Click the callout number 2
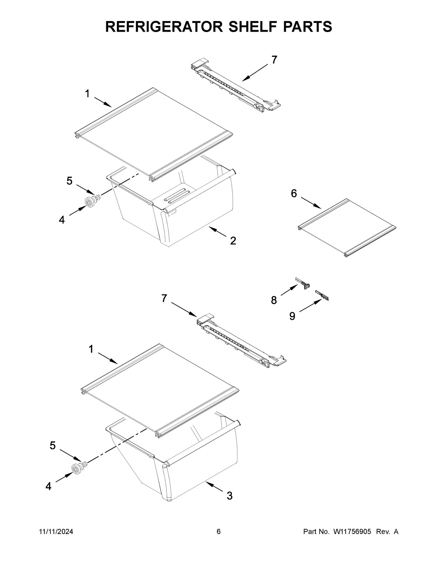233,240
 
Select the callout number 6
294,194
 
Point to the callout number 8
274,300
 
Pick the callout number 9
292,316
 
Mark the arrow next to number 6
311,203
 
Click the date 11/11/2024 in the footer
56,532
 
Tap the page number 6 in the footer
219,532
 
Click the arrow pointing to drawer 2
218,232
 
